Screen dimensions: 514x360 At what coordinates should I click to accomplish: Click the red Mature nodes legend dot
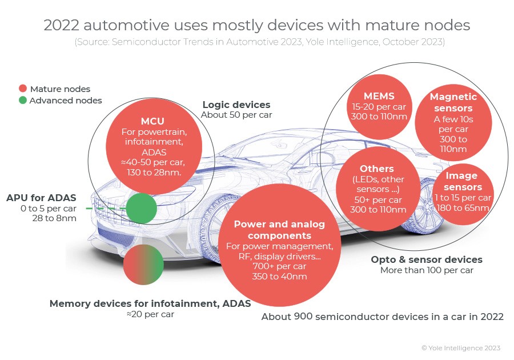coord(23,88)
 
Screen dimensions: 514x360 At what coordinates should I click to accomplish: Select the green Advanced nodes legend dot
coord(23,100)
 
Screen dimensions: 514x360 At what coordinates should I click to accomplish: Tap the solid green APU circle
coord(141,208)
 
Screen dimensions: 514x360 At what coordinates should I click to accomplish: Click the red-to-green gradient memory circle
coord(143,265)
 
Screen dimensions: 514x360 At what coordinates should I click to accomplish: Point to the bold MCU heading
coord(152,121)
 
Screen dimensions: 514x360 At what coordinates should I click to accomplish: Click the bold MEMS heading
coord(379,96)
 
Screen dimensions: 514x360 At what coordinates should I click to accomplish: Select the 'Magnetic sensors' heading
coord(453,102)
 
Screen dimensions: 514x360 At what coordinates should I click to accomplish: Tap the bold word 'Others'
coord(377,169)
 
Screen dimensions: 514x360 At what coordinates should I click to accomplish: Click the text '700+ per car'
coord(279,266)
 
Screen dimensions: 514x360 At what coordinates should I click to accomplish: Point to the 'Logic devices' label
coord(236,105)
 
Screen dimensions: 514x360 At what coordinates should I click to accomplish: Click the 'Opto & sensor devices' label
coord(427,259)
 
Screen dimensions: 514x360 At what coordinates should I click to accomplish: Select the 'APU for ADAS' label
coord(41,198)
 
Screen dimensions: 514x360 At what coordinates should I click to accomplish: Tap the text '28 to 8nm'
coord(54,218)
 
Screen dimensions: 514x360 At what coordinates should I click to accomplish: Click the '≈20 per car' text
coord(150,314)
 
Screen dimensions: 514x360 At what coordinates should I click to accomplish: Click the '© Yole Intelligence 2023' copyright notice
coord(461,348)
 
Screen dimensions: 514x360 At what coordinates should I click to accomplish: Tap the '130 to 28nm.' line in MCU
coord(154,172)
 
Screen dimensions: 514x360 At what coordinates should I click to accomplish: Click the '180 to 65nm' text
coord(463,208)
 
